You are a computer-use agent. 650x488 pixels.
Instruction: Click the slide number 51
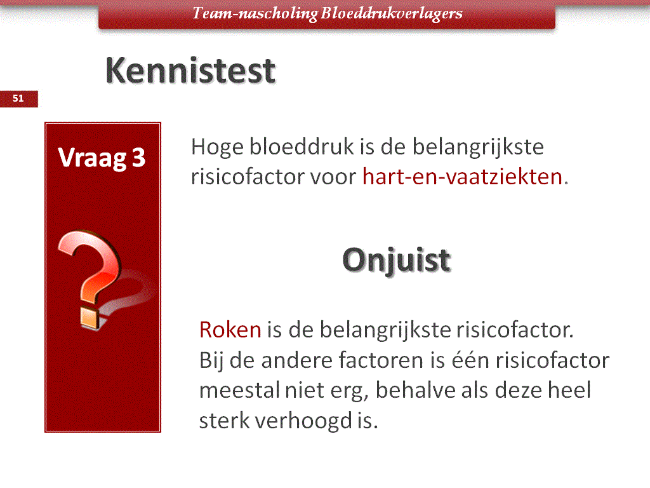tap(18, 98)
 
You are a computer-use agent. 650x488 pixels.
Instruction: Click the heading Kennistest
tap(190, 71)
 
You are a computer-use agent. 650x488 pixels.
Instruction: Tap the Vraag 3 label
tap(102, 158)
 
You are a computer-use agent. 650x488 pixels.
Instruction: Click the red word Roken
tap(230, 330)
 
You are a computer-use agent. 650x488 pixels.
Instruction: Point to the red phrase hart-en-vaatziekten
tap(462, 177)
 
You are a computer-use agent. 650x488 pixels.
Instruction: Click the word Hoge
tap(217, 147)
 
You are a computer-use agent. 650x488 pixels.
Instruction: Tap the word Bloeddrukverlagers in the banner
tap(391, 13)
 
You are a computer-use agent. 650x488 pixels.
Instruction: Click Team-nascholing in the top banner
tap(255, 13)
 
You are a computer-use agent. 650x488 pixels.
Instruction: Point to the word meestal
tap(239, 391)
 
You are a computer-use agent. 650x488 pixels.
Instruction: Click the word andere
tap(296, 360)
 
